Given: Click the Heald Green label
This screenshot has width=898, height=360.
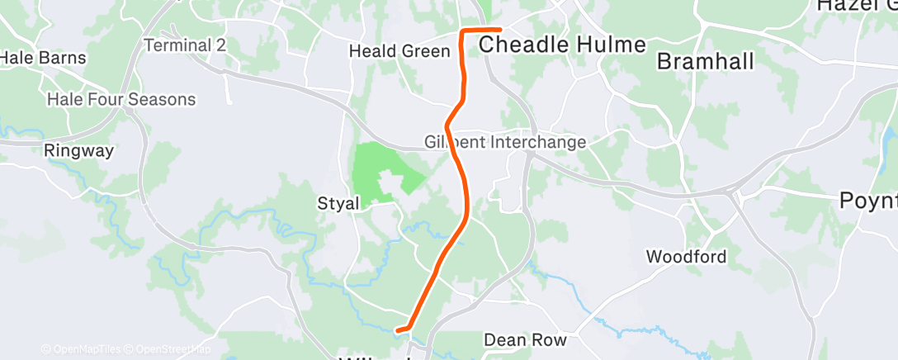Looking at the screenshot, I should pyautogui.click(x=399, y=51).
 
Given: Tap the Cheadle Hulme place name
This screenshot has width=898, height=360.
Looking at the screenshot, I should pyautogui.click(x=562, y=45).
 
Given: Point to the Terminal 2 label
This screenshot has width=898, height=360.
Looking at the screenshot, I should pyautogui.click(x=185, y=45).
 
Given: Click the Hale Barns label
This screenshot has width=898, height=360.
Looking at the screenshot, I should pyautogui.click(x=32, y=58).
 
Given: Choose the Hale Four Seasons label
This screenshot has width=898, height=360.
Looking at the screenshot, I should pyautogui.click(x=121, y=100).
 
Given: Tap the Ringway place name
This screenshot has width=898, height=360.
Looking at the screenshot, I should pyautogui.click(x=78, y=151).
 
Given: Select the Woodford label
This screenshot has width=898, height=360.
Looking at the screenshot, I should pyautogui.click(x=686, y=257).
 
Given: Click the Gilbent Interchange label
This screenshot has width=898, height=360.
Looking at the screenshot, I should pyautogui.click(x=505, y=142).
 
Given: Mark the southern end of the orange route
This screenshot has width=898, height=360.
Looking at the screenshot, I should pyautogui.click(x=399, y=330).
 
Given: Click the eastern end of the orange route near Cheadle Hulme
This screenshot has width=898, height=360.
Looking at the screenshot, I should pyautogui.click(x=500, y=31).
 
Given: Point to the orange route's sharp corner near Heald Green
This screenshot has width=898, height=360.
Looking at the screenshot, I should pyautogui.click(x=462, y=31).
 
